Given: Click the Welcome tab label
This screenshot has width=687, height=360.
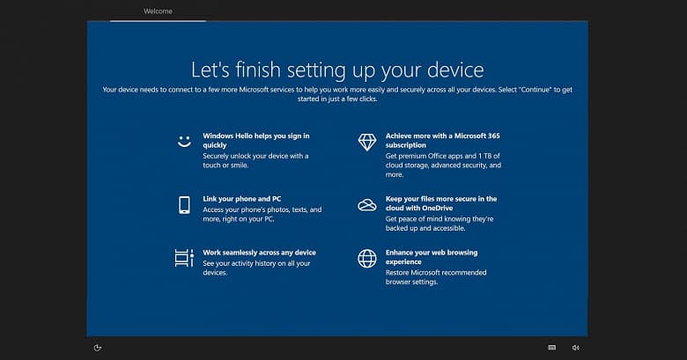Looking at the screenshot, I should click(x=158, y=11).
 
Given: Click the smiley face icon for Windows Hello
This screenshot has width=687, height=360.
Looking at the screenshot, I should click(x=184, y=142).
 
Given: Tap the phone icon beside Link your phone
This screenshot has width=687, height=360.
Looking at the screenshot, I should click(x=184, y=205).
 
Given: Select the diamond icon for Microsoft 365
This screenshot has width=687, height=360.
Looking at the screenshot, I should click(x=366, y=142).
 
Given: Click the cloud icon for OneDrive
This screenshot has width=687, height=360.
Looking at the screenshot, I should click(x=366, y=205).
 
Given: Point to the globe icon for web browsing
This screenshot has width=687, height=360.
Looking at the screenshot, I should click(x=366, y=258).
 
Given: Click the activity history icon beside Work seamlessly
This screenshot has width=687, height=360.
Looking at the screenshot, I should click(x=184, y=258).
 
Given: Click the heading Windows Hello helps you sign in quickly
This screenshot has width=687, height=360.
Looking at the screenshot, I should click(x=255, y=141).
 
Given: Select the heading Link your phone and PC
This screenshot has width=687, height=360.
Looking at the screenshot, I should click(x=241, y=199).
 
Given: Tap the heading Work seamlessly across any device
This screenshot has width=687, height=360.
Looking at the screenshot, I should click(x=259, y=253).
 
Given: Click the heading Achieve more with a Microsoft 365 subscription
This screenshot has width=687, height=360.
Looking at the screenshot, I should click(x=442, y=141).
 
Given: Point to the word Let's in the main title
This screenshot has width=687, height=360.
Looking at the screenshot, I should click(x=211, y=69).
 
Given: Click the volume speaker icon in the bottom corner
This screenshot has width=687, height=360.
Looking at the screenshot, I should click(x=575, y=348).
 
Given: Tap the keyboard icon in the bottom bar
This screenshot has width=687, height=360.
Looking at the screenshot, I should click(x=552, y=348).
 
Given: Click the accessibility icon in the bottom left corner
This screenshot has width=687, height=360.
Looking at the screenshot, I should click(x=98, y=348).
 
